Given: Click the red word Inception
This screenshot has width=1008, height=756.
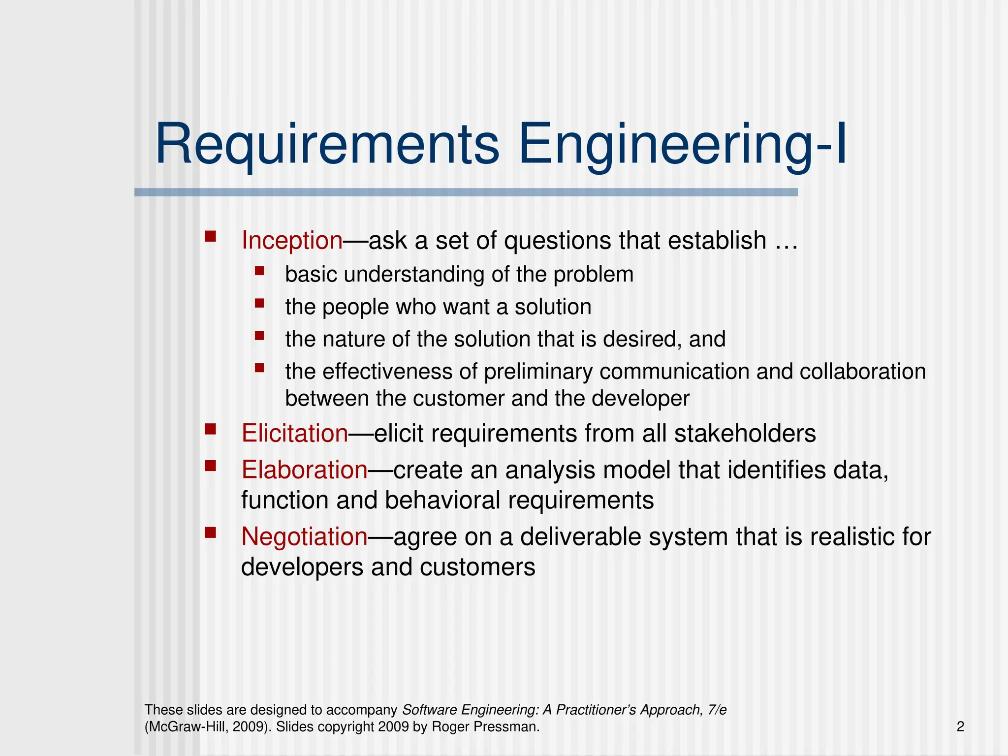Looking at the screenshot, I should pyautogui.click(x=291, y=241).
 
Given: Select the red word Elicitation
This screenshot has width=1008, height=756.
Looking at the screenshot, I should pyautogui.click(x=294, y=434).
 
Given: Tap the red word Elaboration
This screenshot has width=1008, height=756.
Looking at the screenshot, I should pyautogui.click(x=304, y=470).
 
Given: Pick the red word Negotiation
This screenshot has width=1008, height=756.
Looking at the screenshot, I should pyautogui.click(x=304, y=536).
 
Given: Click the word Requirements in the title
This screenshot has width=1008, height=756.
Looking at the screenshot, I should pyautogui.click(x=327, y=145).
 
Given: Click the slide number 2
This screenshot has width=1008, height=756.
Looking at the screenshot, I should pyautogui.click(x=960, y=726).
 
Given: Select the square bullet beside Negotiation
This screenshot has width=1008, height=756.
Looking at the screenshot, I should pyautogui.click(x=211, y=533).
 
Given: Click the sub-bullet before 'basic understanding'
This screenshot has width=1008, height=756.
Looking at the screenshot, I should pyautogui.click(x=260, y=270).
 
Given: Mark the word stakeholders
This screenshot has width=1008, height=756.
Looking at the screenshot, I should pyautogui.click(x=745, y=434).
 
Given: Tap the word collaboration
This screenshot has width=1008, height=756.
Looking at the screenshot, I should pyautogui.click(x=862, y=372).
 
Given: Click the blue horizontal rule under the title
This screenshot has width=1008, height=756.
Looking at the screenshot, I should pyautogui.click(x=466, y=192).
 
